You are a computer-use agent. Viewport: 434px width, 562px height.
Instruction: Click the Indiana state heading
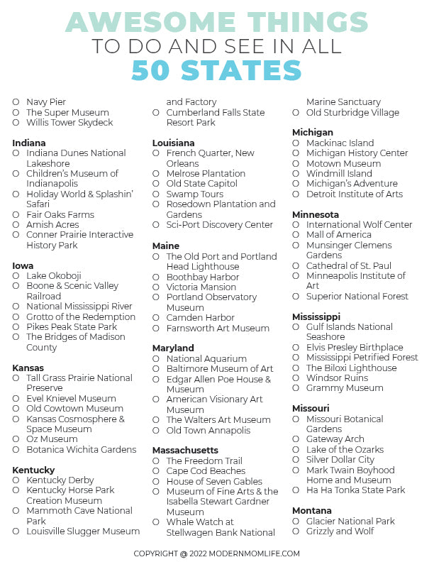(x=29, y=143)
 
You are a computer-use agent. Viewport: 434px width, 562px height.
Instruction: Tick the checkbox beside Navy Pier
(x=16, y=102)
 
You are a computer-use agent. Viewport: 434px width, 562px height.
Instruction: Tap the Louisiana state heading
(x=173, y=143)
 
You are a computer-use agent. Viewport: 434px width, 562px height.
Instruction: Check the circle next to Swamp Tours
(x=156, y=194)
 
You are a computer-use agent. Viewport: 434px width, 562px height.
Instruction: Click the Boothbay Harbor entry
(x=203, y=277)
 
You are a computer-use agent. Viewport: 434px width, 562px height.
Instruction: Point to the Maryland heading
(x=173, y=348)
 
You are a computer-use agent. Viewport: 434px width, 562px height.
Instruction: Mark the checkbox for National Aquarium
(x=156, y=359)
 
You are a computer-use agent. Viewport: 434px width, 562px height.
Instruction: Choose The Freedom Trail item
(x=204, y=461)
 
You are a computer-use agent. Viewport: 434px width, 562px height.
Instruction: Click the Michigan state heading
(x=313, y=133)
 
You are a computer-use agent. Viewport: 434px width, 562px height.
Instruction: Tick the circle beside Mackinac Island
(x=296, y=143)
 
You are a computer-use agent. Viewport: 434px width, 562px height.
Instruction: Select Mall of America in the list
(x=339, y=235)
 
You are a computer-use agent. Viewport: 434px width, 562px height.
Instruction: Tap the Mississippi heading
(x=316, y=316)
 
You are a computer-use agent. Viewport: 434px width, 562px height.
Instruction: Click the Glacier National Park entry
(x=350, y=522)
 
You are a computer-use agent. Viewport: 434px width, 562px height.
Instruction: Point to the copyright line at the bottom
(x=217, y=553)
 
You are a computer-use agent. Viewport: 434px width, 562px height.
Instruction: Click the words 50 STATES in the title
(x=217, y=70)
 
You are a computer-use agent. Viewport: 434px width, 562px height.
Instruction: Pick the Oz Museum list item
(x=52, y=439)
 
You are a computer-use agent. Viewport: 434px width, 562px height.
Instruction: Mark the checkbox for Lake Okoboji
(x=16, y=276)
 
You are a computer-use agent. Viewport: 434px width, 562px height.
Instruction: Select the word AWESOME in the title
(x=139, y=22)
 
